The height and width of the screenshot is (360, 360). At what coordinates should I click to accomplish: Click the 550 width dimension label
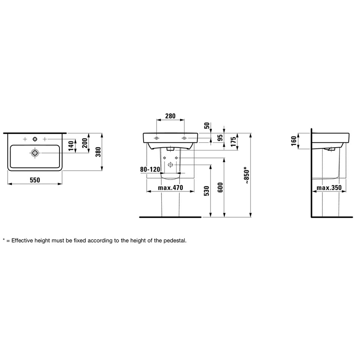35,180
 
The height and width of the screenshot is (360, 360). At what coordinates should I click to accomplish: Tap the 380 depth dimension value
98,152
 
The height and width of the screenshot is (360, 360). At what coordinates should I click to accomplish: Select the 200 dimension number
85,143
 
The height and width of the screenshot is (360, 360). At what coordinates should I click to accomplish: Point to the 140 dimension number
71,146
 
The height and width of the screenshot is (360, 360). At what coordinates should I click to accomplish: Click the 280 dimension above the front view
171,116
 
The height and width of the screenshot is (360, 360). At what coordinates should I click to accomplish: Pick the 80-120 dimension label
150,170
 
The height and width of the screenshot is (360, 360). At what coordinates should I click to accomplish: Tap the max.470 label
171,188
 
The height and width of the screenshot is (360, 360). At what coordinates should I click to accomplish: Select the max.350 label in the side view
329,188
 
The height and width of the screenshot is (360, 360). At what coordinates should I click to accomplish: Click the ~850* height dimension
247,175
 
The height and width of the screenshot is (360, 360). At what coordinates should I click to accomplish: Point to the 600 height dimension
220,187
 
